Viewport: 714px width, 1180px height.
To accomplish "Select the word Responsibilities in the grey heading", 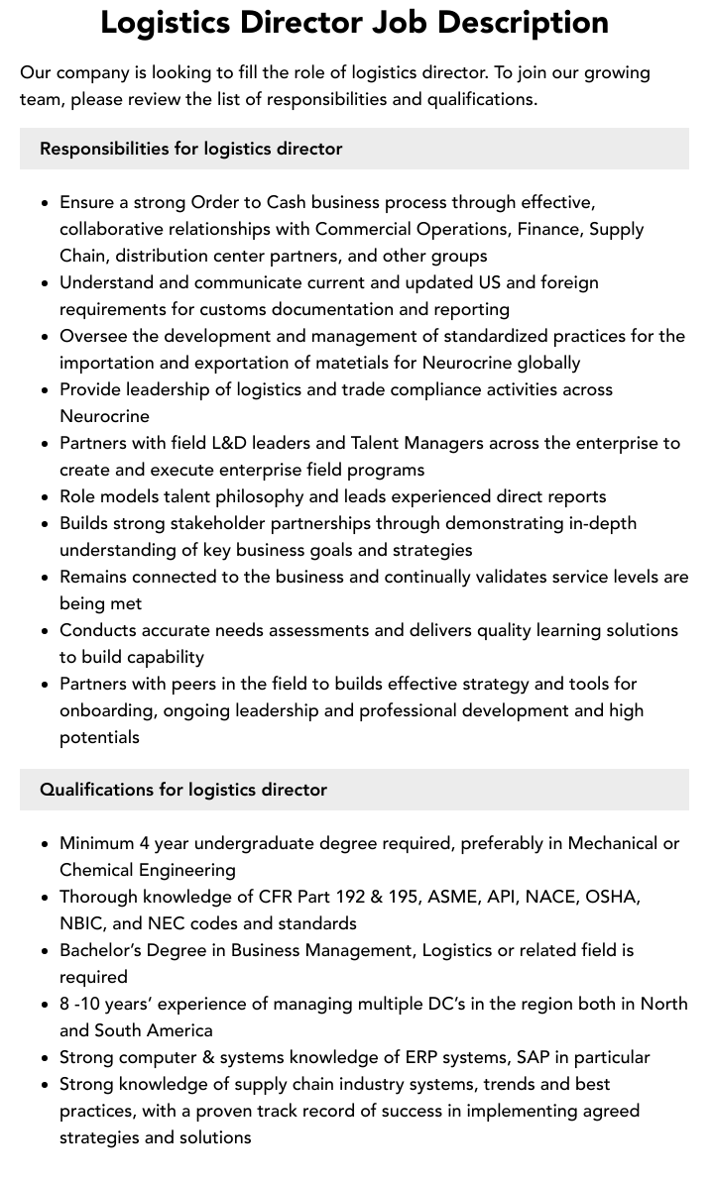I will (x=103, y=149).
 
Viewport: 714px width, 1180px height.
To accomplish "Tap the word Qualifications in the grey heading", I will (x=95, y=790).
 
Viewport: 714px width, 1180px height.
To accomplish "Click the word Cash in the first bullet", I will (x=290, y=202).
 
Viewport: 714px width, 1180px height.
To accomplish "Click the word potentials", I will (x=99, y=737).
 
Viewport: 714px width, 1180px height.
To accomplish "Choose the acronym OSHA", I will (x=612, y=897).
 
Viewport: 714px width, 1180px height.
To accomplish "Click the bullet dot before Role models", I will (x=46, y=497).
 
